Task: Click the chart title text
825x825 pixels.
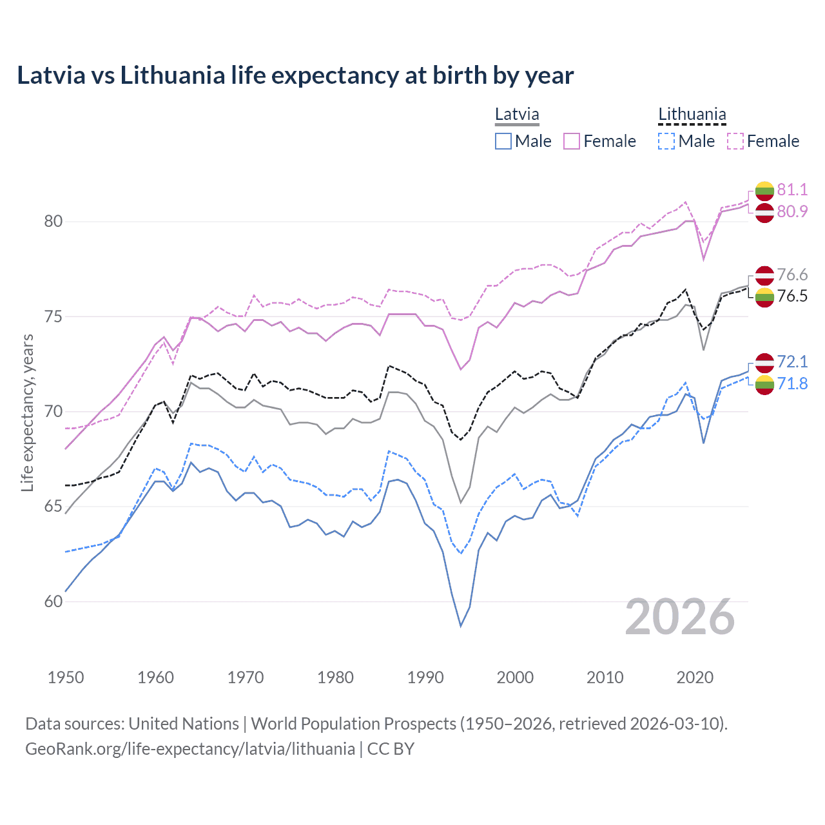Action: click(295, 75)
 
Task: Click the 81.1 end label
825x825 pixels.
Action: click(792, 189)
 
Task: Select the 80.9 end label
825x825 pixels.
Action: click(792, 211)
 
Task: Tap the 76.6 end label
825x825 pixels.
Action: click(792, 275)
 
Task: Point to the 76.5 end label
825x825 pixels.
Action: click(792, 296)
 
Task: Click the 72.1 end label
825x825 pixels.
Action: click(792, 362)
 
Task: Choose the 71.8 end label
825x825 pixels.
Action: click(792, 383)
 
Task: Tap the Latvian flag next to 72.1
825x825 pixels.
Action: click(764, 362)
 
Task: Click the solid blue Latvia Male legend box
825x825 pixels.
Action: click(503, 141)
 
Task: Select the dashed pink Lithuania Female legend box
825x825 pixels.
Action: click(735, 141)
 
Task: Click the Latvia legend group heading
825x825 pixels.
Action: click(517, 115)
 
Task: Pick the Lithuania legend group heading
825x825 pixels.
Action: click(692, 115)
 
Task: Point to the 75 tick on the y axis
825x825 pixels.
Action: click(53, 316)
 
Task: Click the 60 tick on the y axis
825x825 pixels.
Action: click(53, 601)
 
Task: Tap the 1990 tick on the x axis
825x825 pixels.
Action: click(425, 677)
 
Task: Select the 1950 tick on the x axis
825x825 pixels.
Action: click(66, 677)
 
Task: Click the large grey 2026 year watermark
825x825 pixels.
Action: click(680, 617)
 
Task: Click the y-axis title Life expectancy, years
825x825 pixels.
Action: click(27, 412)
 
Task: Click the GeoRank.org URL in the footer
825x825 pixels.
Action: click(190, 749)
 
